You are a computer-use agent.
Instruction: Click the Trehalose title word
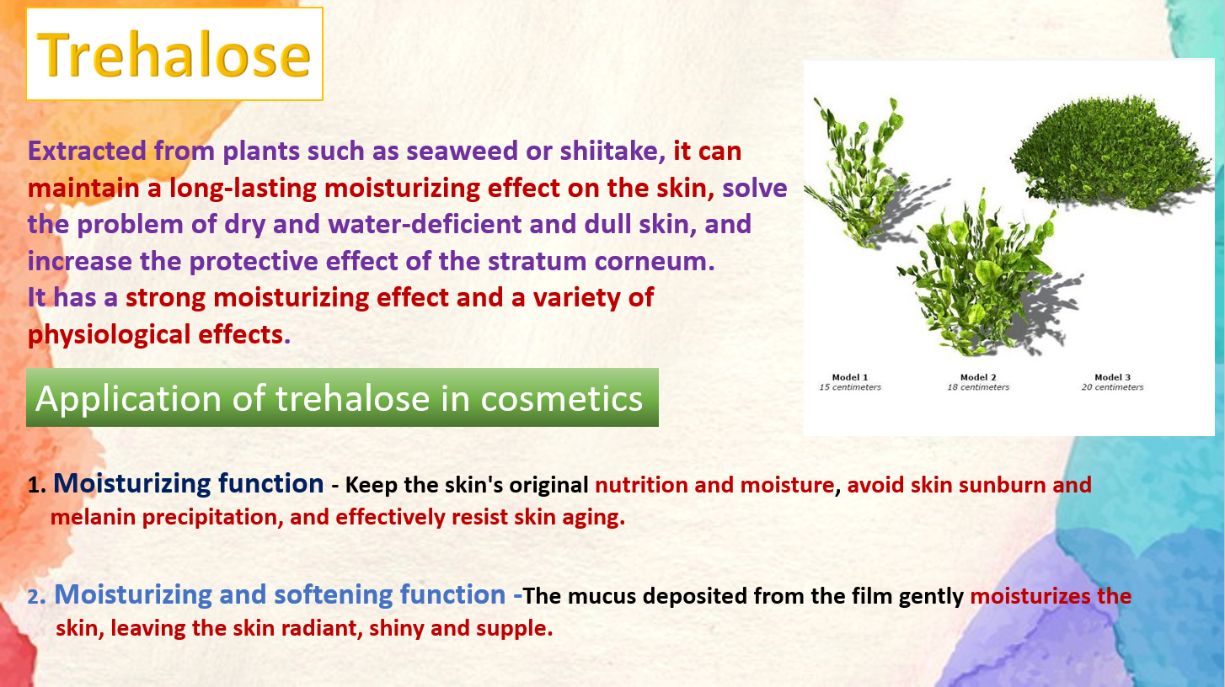pyautogui.click(x=174, y=55)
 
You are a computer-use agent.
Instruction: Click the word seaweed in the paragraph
pyautogui.click(x=462, y=151)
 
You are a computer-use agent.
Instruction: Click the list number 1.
pyautogui.click(x=36, y=485)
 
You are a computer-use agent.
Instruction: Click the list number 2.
pyautogui.click(x=36, y=596)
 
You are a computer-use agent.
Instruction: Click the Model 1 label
pyautogui.click(x=850, y=377)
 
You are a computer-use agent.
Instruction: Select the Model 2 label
pyautogui.click(x=978, y=377)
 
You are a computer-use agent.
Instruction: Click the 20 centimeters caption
pyautogui.click(x=1112, y=387)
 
